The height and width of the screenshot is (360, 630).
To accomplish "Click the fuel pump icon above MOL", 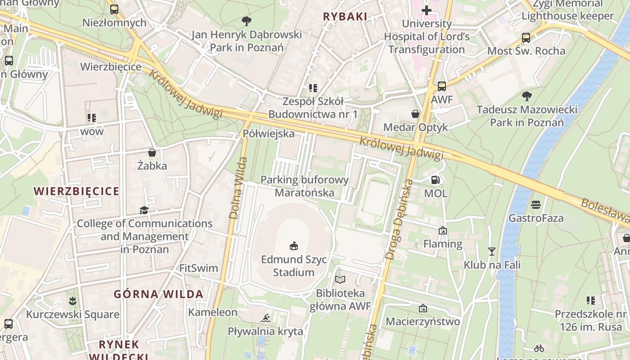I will pos(435,180).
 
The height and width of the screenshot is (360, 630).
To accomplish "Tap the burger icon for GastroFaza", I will pos(535,205).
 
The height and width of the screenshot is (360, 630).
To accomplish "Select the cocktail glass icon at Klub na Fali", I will pos(492,251).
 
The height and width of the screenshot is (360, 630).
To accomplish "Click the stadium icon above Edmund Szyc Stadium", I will pos(294,246).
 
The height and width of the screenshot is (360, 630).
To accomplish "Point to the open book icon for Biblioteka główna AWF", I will pos(340,280).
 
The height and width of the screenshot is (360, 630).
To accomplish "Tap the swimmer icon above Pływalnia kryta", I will pos(265,318).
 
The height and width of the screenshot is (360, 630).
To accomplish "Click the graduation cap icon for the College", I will pos(144,210).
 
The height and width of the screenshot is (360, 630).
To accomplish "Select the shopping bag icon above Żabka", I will pos(152,153).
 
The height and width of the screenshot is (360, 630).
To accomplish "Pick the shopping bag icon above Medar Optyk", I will pos(415,114).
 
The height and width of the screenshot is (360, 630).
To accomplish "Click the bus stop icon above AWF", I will pos(442,86).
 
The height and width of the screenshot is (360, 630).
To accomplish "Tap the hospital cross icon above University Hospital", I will pos(426,10).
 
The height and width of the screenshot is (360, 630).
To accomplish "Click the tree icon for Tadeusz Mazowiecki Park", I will pos(526,96).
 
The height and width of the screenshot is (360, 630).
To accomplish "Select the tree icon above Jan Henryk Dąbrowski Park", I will pos(246,21).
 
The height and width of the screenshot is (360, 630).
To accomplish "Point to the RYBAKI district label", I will pos(345,17).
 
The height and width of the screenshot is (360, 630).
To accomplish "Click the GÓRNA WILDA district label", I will pos(158,294).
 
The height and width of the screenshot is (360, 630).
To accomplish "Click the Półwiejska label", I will pos(269,134).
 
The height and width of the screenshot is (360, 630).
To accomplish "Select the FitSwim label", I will pos(198,268).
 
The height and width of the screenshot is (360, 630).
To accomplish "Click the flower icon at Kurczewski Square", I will pos(72,301).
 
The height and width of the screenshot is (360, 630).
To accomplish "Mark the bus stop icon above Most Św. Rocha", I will pos(526,38).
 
